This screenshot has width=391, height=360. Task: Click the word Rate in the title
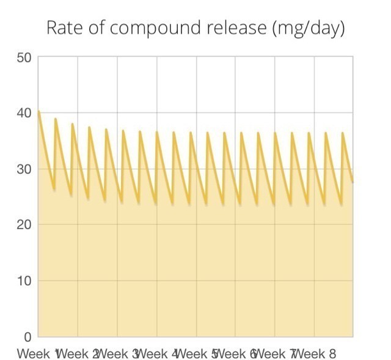click(62, 28)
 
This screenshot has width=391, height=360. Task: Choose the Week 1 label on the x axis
click(38, 353)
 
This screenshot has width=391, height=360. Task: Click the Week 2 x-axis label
click(78, 353)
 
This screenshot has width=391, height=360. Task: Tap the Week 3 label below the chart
click(118, 353)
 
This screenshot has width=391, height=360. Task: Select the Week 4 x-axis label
click(157, 353)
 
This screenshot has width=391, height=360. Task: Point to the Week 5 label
click(197, 353)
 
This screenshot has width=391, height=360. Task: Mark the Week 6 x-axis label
click(236, 353)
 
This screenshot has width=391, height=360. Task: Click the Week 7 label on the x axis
click(276, 353)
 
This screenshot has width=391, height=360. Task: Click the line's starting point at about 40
click(39, 111)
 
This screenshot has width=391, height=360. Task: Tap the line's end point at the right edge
click(353, 182)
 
